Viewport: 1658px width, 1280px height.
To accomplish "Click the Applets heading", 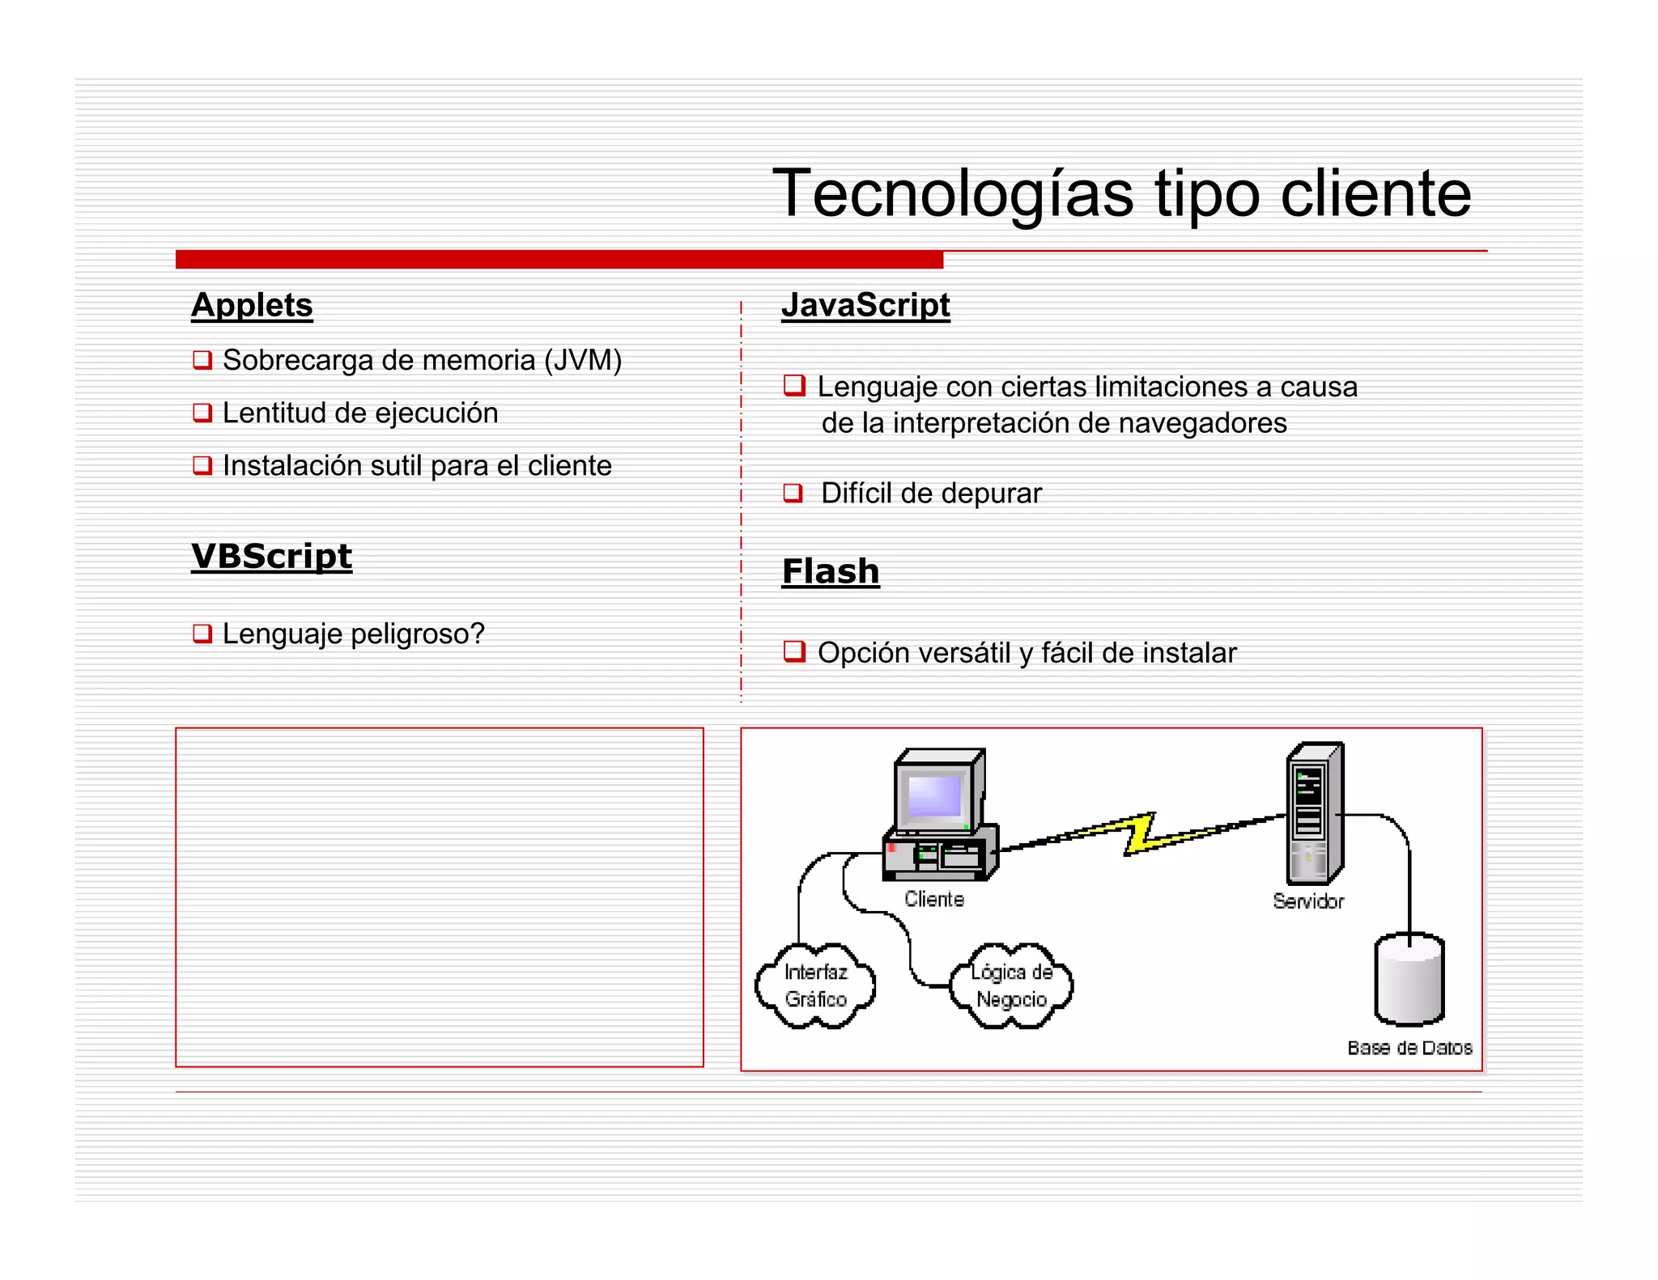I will click(x=252, y=305).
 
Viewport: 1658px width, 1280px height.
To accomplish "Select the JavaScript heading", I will click(x=865, y=305).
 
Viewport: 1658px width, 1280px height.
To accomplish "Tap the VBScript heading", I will click(x=271, y=556).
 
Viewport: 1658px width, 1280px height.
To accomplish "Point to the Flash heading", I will click(x=830, y=571).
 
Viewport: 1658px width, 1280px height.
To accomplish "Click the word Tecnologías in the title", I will click(x=952, y=193).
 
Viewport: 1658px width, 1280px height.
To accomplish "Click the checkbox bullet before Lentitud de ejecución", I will click(x=202, y=413).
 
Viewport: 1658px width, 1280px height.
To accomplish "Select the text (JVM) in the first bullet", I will click(x=582, y=360).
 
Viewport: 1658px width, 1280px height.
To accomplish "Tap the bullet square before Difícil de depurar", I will click(x=793, y=493).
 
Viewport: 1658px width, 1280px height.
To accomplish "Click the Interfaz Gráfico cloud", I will click(x=815, y=985).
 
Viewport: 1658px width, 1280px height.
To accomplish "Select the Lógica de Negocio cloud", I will click(x=1011, y=985).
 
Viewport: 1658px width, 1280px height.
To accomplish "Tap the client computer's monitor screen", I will click(x=934, y=797).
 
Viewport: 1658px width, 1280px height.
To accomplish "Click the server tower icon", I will click(x=1313, y=813).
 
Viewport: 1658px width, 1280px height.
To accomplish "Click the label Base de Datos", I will click(x=1409, y=1048).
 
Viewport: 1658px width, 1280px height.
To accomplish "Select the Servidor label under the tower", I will click(x=1307, y=901).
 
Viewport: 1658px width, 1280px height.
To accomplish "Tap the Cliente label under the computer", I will click(x=934, y=900).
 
